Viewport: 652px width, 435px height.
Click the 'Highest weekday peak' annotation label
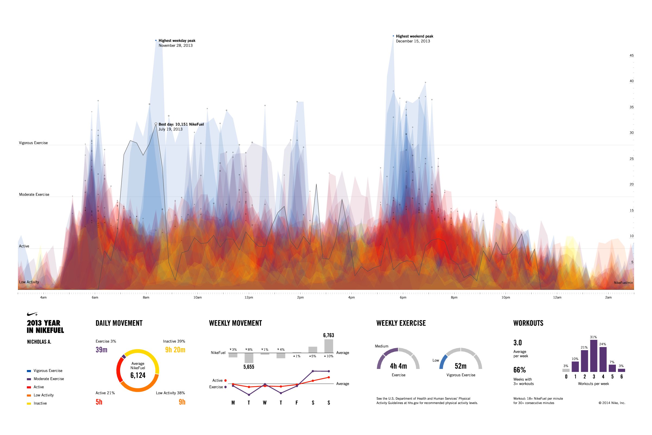tap(177, 41)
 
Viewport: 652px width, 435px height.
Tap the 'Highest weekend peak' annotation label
tap(415, 36)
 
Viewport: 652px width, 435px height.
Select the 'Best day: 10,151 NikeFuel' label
tap(181, 124)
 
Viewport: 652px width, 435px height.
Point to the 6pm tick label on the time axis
tap(403, 297)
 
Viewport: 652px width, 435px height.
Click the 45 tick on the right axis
tap(631, 55)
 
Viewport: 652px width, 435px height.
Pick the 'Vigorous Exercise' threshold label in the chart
tap(33, 143)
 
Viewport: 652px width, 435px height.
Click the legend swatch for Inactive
tap(29, 403)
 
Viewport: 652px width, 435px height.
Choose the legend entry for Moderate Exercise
tap(49, 379)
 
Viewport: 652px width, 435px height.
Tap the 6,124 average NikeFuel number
tap(138, 375)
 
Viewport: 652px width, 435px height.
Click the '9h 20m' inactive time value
tap(175, 350)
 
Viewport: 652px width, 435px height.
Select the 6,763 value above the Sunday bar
tap(328, 335)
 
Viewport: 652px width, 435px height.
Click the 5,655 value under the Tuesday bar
tap(249, 367)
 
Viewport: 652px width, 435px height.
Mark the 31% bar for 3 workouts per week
tap(594, 356)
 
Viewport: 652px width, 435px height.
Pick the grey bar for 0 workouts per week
tap(566, 370)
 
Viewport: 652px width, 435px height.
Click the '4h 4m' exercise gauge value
tap(398, 366)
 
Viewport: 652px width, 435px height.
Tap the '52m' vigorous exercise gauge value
tap(460, 366)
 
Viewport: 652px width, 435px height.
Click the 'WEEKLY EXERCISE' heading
tap(401, 323)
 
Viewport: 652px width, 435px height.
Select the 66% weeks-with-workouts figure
tap(519, 370)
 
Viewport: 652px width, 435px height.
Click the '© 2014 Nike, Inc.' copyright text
tap(612, 403)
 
